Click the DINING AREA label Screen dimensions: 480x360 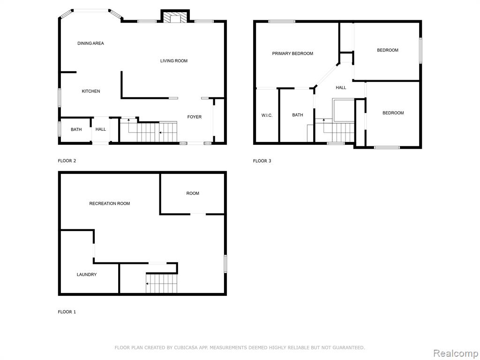[x=90, y=44]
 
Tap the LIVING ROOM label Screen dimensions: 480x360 [x=174, y=61]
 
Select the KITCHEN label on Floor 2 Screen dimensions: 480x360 [x=91, y=91]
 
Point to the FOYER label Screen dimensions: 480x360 [x=195, y=117]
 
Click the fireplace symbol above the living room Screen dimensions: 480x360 [x=175, y=17]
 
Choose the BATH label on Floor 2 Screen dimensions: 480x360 [x=76, y=129]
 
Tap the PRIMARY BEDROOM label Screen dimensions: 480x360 [x=292, y=53]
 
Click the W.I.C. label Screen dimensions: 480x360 [x=267, y=115]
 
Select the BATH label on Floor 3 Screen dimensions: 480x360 [x=298, y=115]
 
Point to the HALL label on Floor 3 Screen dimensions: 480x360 [x=341, y=88]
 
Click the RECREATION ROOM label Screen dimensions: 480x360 [x=110, y=203]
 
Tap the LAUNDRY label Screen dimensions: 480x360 [x=87, y=275]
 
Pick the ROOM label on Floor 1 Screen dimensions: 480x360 [x=193, y=194]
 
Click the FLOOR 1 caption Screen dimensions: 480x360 [x=67, y=312]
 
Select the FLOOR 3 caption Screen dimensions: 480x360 [x=262, y=161]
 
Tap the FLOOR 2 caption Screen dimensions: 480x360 [x=67, y=161]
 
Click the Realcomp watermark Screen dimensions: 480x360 [x=456, y=353]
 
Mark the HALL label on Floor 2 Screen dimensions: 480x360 [x=101, y=129]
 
